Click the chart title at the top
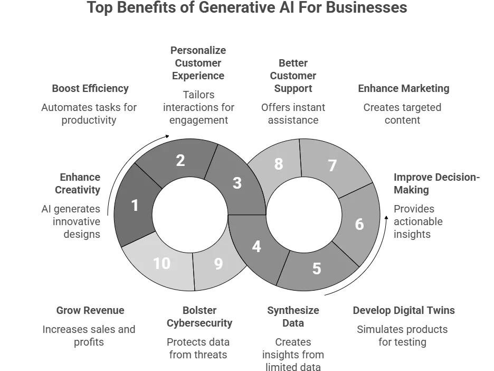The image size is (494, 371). coord(247,8)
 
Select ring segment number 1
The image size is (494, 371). coord(135,205)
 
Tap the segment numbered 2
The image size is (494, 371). coord(180,160)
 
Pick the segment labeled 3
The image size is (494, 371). coord(237,183)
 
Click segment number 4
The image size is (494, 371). coord(256,246)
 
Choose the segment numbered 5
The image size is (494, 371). coord(316,268)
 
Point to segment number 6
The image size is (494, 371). coord(359,224)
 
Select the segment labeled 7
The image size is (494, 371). coord(332,165)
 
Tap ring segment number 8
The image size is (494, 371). coord(278,164)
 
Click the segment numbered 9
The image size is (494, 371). coord(218,264)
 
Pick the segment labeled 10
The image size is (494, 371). coord(161,263)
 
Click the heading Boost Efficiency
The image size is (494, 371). coord(90,88)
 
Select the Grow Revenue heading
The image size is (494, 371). coord(90,310)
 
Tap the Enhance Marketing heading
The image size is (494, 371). coord(404,88)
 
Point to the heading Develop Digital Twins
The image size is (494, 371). coord(404,310)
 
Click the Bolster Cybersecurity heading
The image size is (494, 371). coord(199,317)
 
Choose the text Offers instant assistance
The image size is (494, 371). coord(293,114)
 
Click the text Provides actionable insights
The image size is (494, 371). coord(418,221)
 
